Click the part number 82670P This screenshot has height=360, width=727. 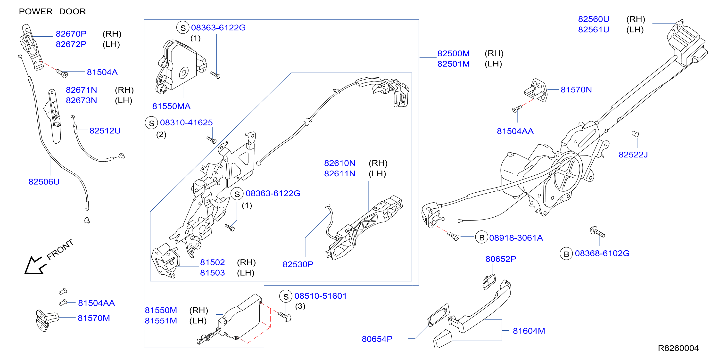coord(71,34)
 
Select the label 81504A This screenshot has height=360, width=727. coord(102,72)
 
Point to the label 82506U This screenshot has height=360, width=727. coord(44,182)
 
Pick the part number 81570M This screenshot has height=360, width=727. coord(94,318)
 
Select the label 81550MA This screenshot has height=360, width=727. coord(171,106)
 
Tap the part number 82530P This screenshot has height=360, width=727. coord(298,264)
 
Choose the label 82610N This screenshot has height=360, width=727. coord(339,163)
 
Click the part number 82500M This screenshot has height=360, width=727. coord(454,53)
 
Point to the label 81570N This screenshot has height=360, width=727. coord(576,90)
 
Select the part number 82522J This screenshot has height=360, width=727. coord(633,155)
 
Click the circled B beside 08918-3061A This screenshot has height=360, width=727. coord(482,237)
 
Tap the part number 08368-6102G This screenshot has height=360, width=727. coord(602,253)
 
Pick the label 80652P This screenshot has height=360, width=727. coord(501,259)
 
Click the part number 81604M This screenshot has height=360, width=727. coord(529,331)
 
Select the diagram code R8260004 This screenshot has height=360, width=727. coord(678,348)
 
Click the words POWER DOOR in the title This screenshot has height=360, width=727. coord(52,12)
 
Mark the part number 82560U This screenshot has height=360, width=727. coord(594,19)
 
